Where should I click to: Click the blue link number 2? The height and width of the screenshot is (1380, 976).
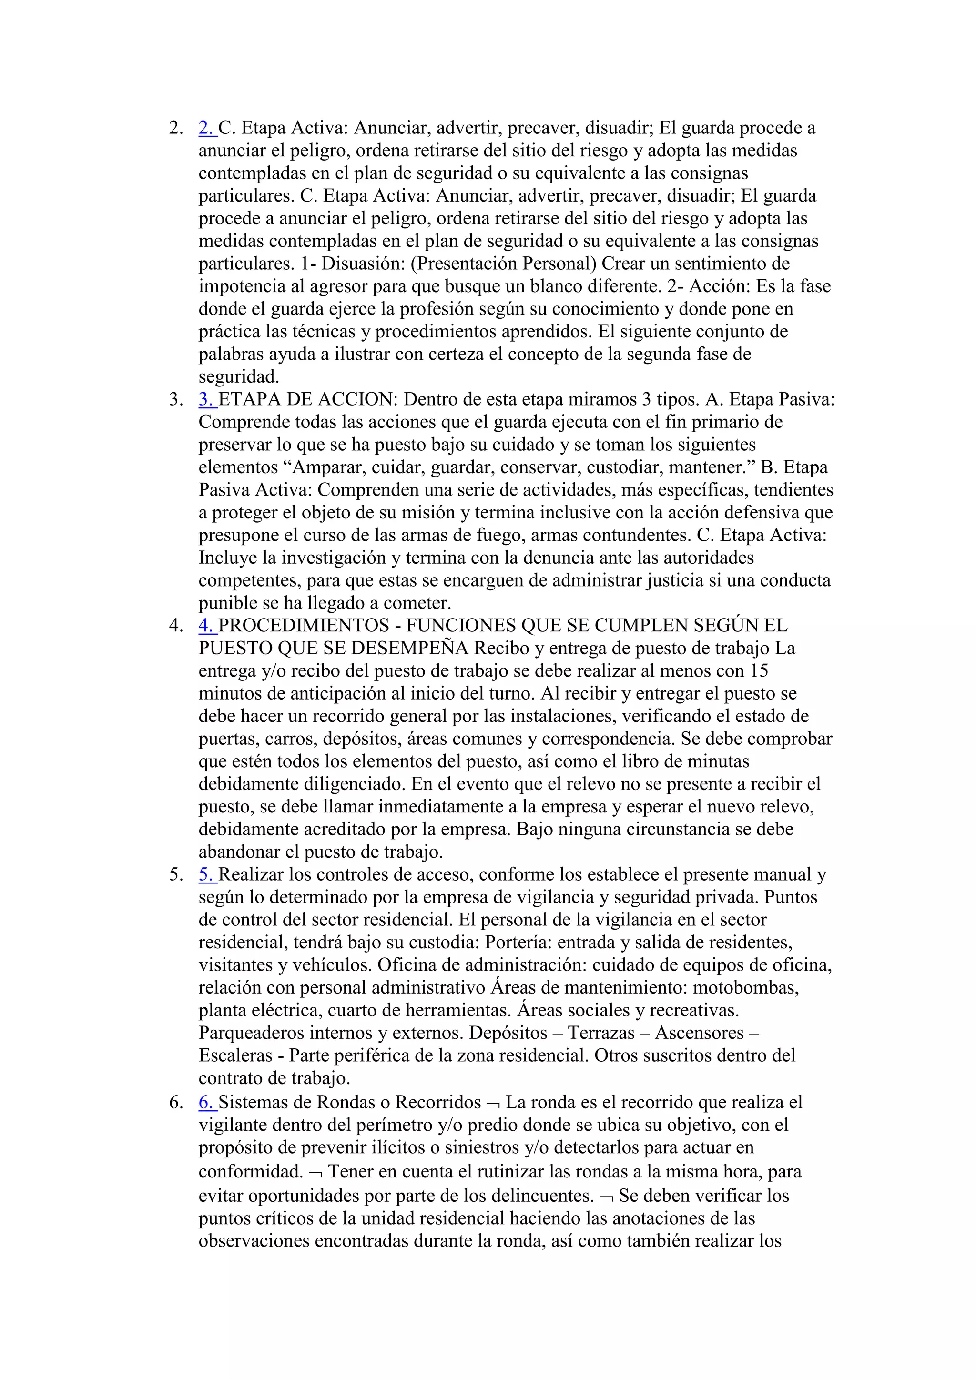(x=206, y=128)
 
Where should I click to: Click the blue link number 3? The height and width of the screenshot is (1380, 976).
(x=206, y=399)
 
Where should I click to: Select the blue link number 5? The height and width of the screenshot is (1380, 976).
(x=206, y=874)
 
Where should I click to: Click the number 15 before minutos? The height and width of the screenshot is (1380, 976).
(x=758, y=671)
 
